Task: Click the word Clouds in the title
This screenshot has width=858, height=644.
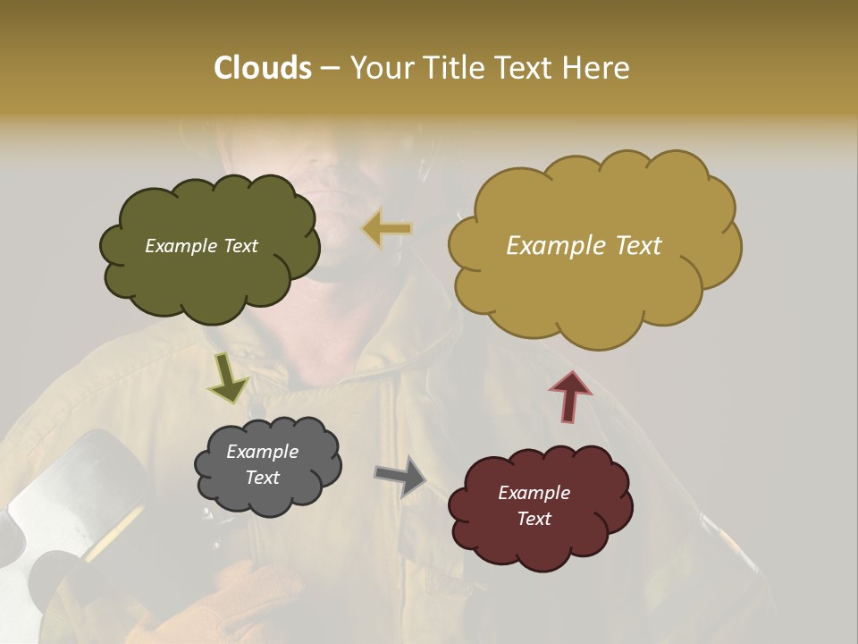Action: pos(262,68)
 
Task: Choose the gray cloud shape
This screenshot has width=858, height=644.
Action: pos(267,465)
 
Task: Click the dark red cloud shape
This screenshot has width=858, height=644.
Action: pos(540,506)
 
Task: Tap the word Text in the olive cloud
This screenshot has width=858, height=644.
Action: pos(239,246)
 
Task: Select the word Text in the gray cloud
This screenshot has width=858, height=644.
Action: pos(262,478)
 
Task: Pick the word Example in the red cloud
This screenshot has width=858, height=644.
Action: pos(534,493)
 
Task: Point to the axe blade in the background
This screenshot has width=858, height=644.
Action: pos(63,492)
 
